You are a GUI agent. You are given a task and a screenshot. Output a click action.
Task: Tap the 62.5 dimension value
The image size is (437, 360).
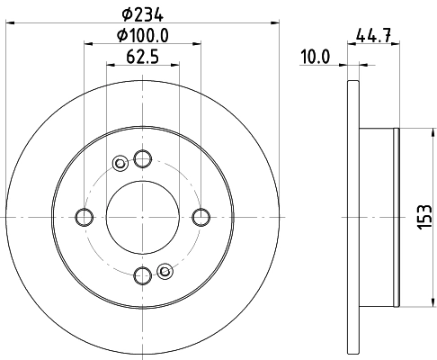point(142,60)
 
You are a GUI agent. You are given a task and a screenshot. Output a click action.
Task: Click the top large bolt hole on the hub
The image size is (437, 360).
point(142,158)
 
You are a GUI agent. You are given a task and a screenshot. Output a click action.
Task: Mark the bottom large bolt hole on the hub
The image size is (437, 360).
point(142,274)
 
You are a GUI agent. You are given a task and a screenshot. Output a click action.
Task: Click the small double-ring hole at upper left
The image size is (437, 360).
point(120,163)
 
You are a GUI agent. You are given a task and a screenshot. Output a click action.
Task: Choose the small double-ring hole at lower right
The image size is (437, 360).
point(164,270)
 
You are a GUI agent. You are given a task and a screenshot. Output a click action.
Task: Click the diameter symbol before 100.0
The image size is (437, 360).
point(122,36)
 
